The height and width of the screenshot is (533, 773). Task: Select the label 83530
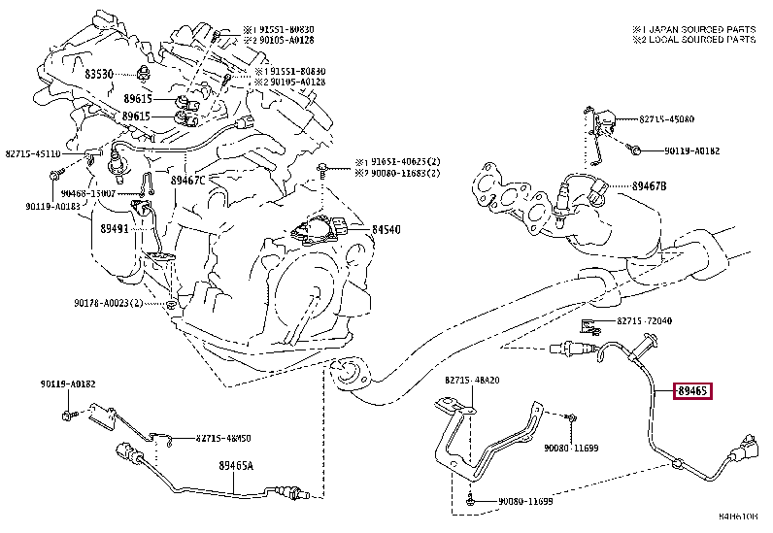tap(98, 74)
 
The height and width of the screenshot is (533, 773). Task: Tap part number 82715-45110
tap(33, 153)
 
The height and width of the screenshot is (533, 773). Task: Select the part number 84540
tap(386, 230)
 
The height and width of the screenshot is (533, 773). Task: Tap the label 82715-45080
tap(666, 119)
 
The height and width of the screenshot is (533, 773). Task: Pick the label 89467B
tap(650, 186)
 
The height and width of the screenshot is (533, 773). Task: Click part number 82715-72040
tap(644, 320)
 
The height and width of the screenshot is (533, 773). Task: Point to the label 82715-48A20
tap(473, 381)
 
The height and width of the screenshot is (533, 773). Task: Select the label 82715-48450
tap(210, 438)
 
